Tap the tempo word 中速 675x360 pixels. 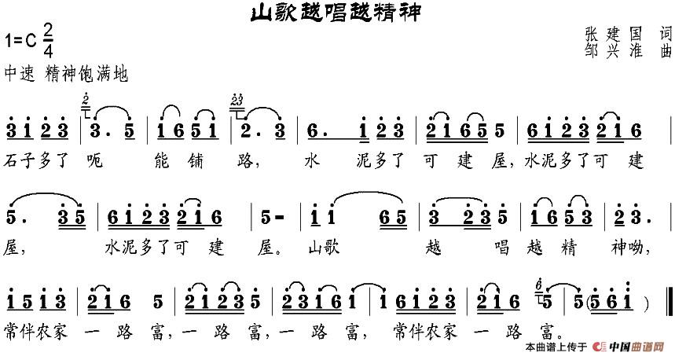pyautogui.click(x=20, y=75)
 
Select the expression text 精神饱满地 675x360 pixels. pyautogui.click(x=86, y=75)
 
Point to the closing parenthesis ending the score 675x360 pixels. pyautogui.click(x=645, y=303)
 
